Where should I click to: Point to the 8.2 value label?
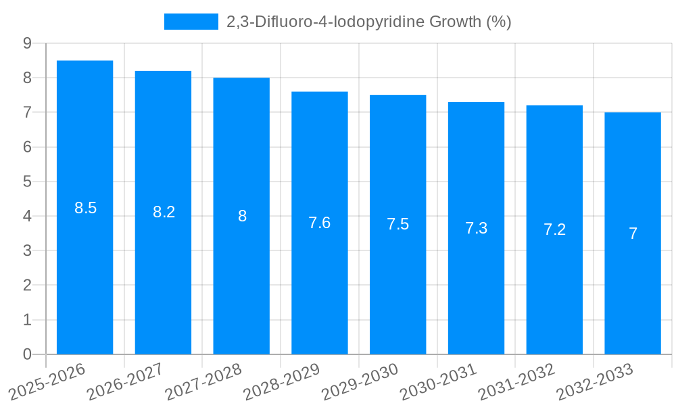(x=164, y=212)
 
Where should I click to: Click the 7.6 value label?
(x=319, y=223)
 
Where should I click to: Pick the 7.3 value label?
(x=476, y=228)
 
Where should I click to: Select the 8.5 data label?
(x=85, y=208)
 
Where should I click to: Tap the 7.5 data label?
(x=397, y=225)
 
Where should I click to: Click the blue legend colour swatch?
(x=191, y=22)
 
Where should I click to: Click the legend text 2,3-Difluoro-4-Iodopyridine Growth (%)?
(x=368, y=22)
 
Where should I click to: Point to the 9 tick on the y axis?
(x=27, y=43)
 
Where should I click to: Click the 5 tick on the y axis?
(x=27, y=182)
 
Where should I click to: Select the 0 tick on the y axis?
(x=27, y=354)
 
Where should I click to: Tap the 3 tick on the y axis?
(x=27, y=250)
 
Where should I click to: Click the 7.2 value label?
(x=554, y=230)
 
